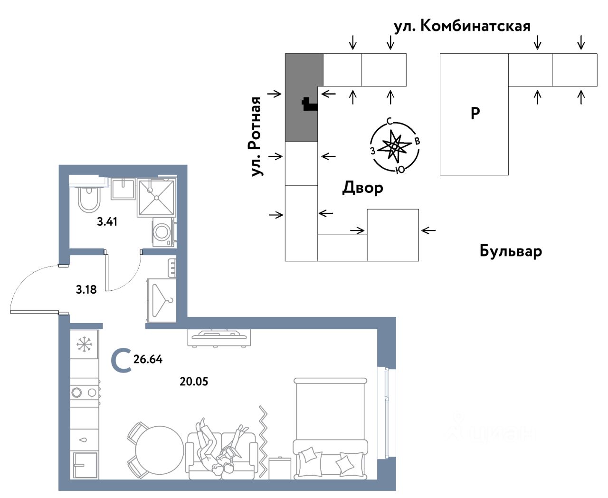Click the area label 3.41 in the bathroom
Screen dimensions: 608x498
[x=107, y=221]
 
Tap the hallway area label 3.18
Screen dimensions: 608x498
[x=86, y=289]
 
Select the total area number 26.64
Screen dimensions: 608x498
[x=148, y=359]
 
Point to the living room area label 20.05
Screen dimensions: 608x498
[x=194, y=382]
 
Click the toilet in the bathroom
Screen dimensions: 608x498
[x=89, y=199]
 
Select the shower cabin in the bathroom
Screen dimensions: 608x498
[x=156, y=198]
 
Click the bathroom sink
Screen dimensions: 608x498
[x=123, y=189]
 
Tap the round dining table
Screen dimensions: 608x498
[x=160, y=450]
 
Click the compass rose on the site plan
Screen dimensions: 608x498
[x=394, y=146]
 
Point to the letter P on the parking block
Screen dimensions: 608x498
[x=475, y=113]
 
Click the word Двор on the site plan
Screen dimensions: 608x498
[x=363, y=188]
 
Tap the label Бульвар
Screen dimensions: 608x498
[x=511, y=251]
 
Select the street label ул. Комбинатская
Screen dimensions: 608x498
[x=462, y=27]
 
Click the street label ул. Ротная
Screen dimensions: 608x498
[x=256, y=136]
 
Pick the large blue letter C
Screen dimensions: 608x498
[x=122, y=360]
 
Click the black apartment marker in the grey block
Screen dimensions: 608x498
[x=310, y=105]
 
